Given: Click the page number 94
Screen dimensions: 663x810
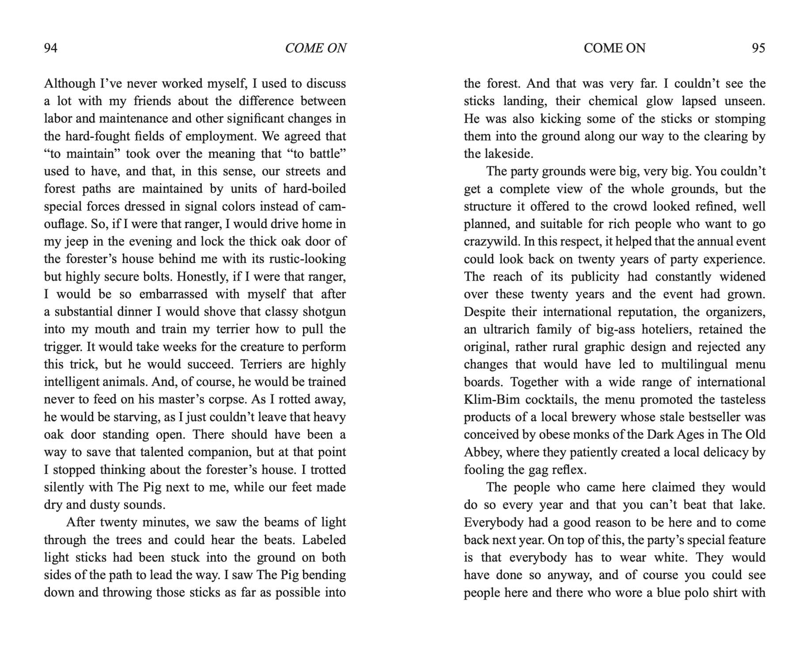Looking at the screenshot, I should click(51, 48).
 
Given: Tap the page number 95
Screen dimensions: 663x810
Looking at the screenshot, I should click(758, 48).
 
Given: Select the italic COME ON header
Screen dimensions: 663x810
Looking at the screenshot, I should click(315, 48).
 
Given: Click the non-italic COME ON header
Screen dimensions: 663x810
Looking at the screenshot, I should click(614, 48).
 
